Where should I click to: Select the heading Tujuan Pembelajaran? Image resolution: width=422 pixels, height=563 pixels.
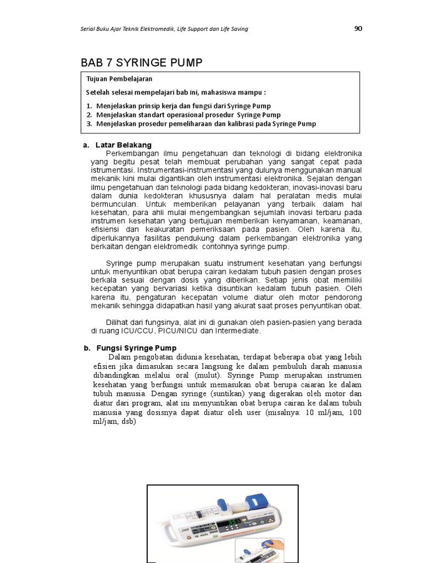[119, 79]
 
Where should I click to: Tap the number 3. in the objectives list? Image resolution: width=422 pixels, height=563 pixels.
[90, 124]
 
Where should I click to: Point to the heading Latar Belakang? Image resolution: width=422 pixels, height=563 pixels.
[123, 145]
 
